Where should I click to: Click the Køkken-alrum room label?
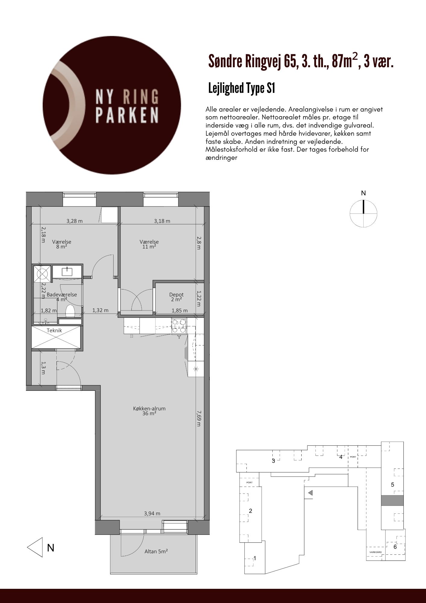tap(149, 411)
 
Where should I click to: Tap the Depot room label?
tap(176, 297)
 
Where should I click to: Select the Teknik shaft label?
tap(54, 330)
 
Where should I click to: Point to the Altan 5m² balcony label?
tap(156, 551)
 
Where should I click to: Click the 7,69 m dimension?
tap(199, 418)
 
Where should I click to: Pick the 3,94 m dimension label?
tap(152, 513)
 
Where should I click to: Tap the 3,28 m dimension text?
tap(74, 221)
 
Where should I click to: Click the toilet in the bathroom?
tap(70, 311)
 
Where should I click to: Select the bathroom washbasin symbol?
tap(67, 272)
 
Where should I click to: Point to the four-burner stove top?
tap(179, 326)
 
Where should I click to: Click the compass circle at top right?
tap(363, 213)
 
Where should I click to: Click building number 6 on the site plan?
tap(395, 547)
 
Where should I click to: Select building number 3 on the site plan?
tap(274, 461)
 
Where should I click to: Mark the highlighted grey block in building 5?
tap(392, 500)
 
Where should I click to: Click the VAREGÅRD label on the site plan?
tap(376, 552)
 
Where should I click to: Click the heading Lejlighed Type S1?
tap(242, 89)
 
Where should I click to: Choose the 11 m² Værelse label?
tap(149, 244)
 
